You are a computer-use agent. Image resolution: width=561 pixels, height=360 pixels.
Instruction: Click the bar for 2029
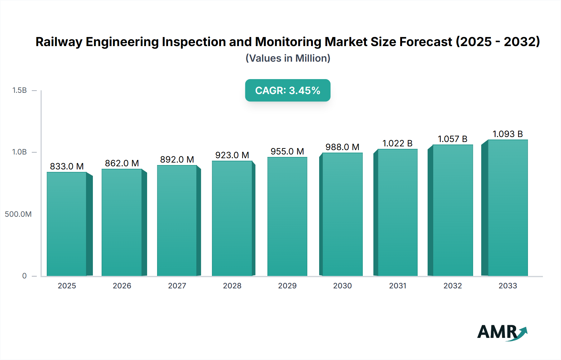[287, 216]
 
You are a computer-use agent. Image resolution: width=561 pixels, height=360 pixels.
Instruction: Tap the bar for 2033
[508, 208]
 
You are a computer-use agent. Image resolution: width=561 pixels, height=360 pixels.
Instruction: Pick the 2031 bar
[397, 212]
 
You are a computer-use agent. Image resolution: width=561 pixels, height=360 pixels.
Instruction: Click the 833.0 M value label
[67, 166]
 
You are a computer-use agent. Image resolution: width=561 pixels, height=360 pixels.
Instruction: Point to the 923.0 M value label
[232, 155]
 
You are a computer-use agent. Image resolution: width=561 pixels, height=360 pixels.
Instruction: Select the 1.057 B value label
[452, 139]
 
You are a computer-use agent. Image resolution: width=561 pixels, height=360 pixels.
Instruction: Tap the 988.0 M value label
[342, 147]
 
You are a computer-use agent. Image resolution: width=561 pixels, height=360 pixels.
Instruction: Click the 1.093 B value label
[507, 134]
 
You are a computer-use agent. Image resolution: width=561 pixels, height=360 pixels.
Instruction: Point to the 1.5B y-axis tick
[20, 90]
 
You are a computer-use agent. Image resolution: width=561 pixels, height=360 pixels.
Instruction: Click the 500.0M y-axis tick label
[18, 214]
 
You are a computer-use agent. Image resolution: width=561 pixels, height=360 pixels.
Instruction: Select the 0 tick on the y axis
[24, 276]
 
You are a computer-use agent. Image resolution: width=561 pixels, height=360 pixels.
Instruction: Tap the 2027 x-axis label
[177, 286]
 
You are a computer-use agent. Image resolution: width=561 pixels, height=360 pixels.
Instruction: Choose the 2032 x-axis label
[453, 286]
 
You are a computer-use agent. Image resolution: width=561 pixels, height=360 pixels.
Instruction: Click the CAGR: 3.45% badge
[288, 90]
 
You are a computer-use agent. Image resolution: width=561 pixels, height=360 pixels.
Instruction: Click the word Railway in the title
[59, 42]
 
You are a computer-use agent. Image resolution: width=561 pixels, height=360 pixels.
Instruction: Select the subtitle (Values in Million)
[288, 58]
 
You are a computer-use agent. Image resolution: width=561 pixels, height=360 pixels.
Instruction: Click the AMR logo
[502, 332]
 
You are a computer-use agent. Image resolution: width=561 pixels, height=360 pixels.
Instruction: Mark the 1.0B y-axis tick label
[20, 152]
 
